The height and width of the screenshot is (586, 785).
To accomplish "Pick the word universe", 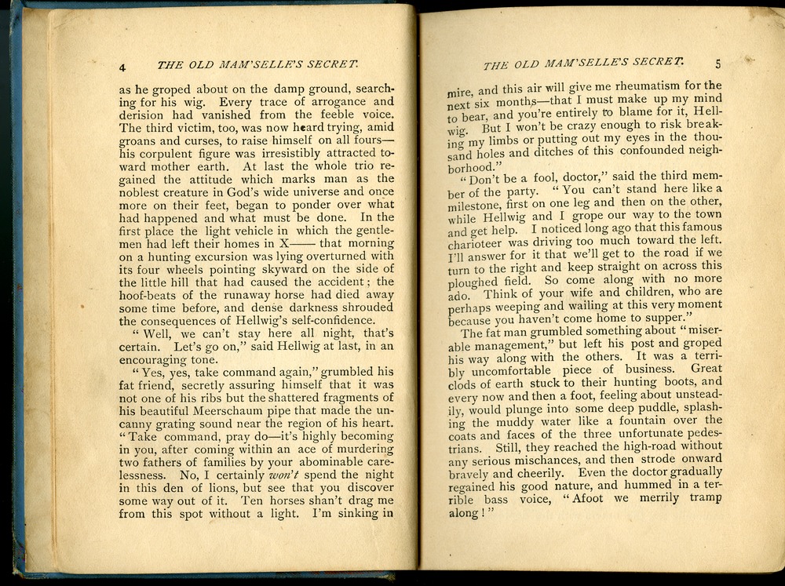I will coord(281,191).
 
